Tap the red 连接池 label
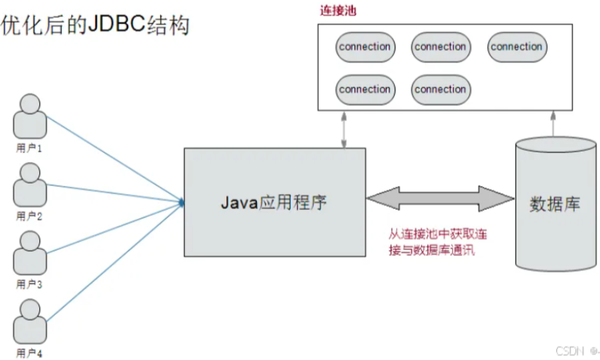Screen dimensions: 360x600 coord(338,12)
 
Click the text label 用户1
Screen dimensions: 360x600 coord(30,148)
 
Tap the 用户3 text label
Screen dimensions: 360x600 coord(30,284)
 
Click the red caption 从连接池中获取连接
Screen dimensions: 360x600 coord(437,235)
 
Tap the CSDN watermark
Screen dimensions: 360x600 coord(569,351)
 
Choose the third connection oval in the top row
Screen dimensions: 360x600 coord(516,47)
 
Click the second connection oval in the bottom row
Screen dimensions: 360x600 coord(441,89)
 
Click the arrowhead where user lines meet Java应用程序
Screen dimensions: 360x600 coord(180,201)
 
